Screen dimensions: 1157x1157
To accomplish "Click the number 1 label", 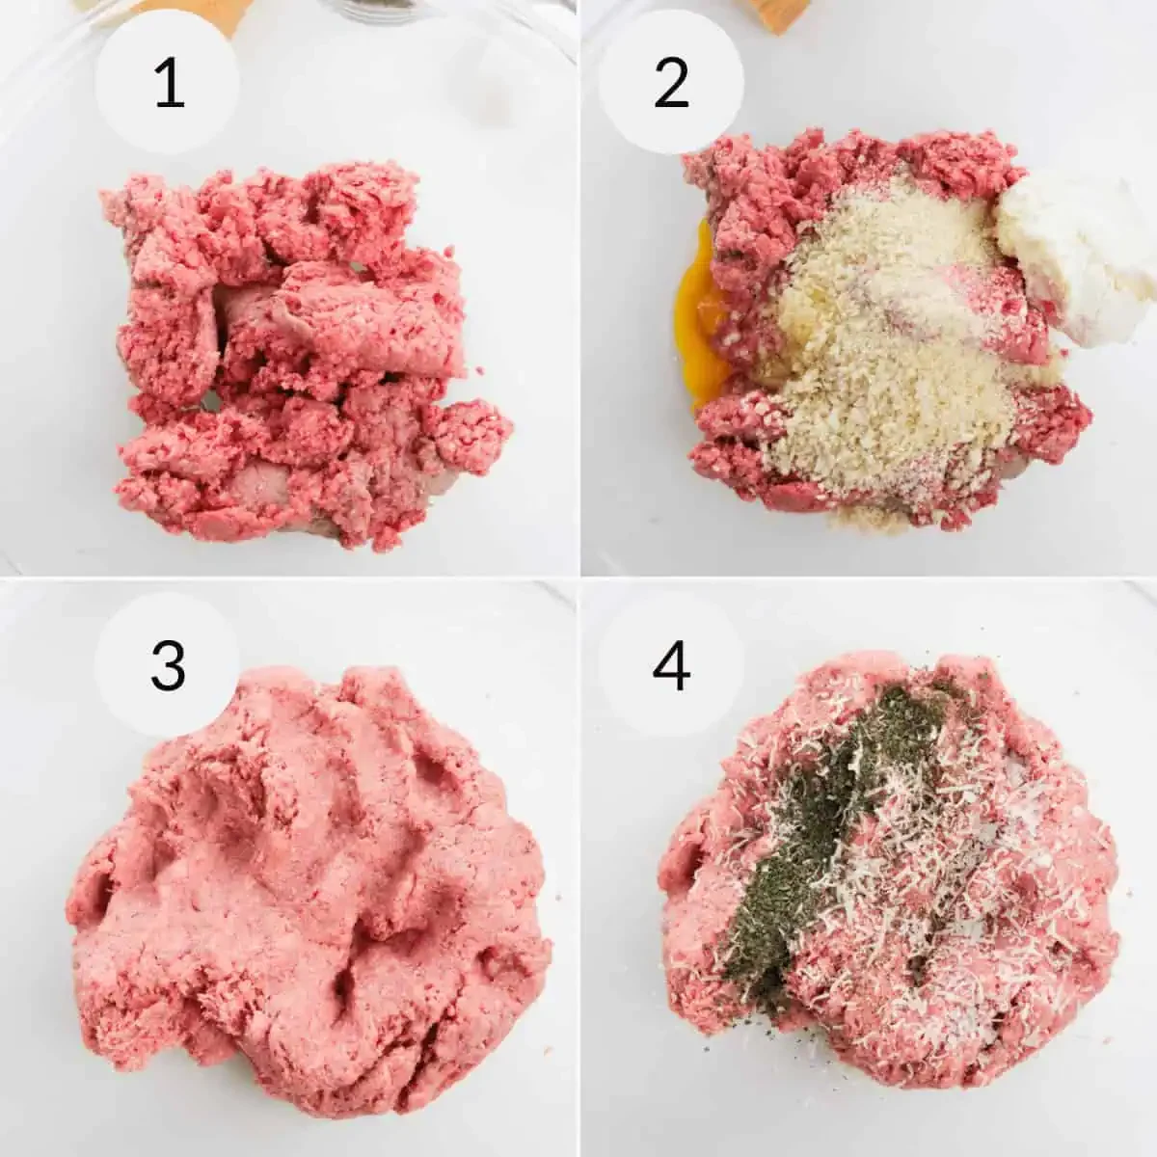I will [x=169, y=83].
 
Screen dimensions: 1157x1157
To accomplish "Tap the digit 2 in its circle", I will [x=671, y=83].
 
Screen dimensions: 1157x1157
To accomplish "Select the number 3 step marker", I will [x=168, y=664].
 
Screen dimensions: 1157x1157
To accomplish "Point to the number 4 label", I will [x=671, y=664].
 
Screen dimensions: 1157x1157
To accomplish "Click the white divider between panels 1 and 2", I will [x=578, y=289].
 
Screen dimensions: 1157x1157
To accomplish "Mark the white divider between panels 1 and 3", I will [x=289, y=578].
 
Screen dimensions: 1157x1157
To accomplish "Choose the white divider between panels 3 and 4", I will [x=578, y=868].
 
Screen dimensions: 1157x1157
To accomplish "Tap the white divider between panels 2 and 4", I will [x=868, y=578].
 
